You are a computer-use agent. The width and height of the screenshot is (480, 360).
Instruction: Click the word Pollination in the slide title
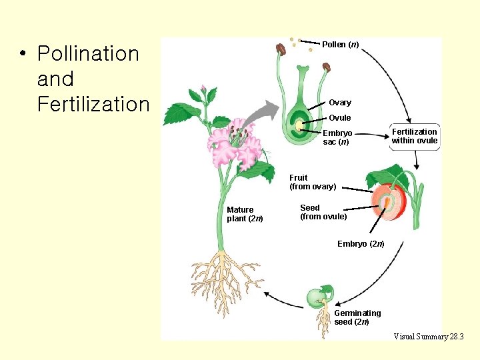point(88,53)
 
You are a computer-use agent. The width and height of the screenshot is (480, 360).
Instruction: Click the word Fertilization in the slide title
point(94,104)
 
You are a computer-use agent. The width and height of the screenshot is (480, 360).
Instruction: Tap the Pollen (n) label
point(340,45)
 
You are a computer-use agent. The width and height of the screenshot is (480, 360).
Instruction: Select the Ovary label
point(340,103)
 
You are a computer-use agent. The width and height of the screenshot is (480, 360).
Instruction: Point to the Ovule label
point(340,118)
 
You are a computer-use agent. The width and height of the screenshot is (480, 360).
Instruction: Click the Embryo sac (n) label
point(337,137)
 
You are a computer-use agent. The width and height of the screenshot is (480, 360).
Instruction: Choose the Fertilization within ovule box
point(414,136)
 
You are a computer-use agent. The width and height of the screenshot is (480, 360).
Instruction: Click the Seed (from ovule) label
point(323,212)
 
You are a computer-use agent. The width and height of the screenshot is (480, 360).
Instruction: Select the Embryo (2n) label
point(361,244)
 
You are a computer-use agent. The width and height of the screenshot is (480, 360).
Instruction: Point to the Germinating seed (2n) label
point(357,317)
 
